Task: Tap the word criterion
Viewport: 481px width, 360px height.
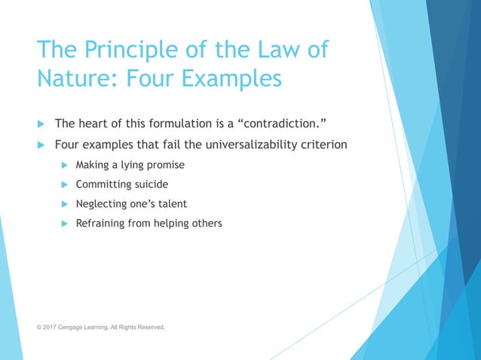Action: pyautogui.click(x=322, y=145)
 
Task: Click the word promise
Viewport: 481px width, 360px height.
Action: pyautogui.click(x=166, y=165)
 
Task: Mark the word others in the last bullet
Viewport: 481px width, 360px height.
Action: pyautogui.click(x=205, y=224)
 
